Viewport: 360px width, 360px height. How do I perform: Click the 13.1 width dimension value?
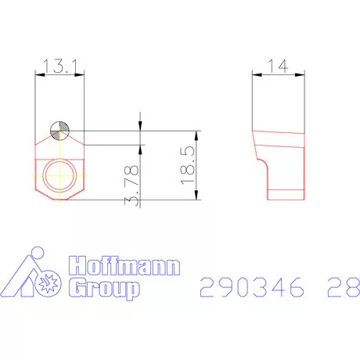tap(59, 69)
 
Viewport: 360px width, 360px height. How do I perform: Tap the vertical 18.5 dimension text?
tap(187, 165)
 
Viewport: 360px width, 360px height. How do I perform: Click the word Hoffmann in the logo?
tap(124, 267)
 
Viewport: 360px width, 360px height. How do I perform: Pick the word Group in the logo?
tap(106, 290)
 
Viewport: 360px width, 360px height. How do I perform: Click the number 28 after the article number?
tap(340, 289)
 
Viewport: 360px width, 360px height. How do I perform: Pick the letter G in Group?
tap(77, 290)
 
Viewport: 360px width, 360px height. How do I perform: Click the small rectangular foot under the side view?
tap(286, 194)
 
